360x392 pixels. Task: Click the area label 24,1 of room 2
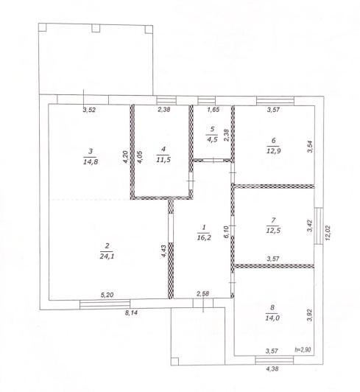coord(107,256)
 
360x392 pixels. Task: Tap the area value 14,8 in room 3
coord(91,162)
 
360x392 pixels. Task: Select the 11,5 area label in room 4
coord(163,160)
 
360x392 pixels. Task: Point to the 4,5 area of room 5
coord(212,139)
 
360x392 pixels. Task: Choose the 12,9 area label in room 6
coord(274,151)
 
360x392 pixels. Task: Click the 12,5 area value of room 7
coord(273,231)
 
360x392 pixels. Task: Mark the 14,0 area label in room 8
coord(272,318)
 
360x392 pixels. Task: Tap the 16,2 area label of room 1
coord(204,237)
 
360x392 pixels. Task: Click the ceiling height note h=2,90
coord(303,349)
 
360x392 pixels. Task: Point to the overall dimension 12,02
coord(328,233)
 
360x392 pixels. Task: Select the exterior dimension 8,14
coord(131,312)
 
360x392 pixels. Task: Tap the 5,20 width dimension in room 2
coord(107,295)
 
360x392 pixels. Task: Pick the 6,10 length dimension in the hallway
coord(226,232)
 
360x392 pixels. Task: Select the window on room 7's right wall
coord(319,226)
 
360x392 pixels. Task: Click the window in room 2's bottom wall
coord(105,304)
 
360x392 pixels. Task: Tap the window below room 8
coord(275,360)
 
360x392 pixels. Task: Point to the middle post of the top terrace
coord(96,28)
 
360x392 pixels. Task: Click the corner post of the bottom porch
coord(175,361)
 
